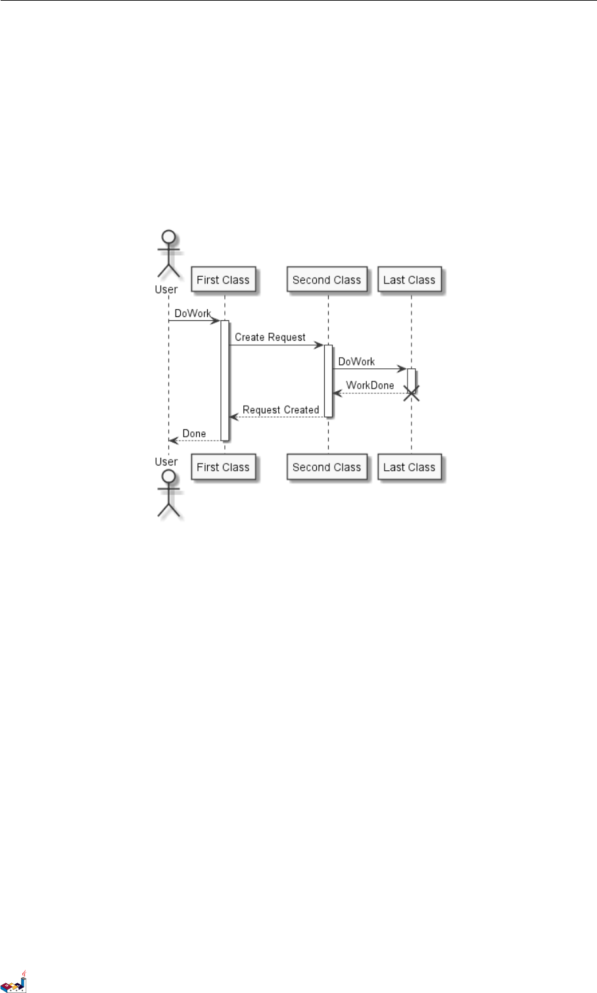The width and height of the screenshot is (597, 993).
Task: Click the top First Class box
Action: click(x=223, y=279)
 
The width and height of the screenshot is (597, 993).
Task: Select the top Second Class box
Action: click(x=327, y=279)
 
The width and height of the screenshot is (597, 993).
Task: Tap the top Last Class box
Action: click(x=409, y=279)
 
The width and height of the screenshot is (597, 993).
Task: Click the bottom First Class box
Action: click(x=223, y=467)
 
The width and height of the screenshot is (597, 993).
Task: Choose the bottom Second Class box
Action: click(x=327, y=467)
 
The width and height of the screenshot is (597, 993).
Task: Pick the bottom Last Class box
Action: click(x=409, y=467)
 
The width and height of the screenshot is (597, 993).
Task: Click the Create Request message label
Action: click(x=270, y=337)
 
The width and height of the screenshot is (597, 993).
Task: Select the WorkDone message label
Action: click(x=370, y=385)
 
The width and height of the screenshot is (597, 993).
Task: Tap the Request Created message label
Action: click(x=281, y=410)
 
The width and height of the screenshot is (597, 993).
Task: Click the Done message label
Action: click(x=194, y=434)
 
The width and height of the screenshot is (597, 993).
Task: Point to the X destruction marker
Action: click(x=412, y=393)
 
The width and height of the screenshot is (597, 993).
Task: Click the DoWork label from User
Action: click(x=193, y=314)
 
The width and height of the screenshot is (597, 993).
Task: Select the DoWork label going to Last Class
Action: click(x=356, y=362)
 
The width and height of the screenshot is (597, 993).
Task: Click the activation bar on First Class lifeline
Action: click(x=224, y=380)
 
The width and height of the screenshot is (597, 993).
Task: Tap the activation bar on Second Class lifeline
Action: click(x=328, y=380)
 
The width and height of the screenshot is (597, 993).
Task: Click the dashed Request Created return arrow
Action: click(x=276, y=417)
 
